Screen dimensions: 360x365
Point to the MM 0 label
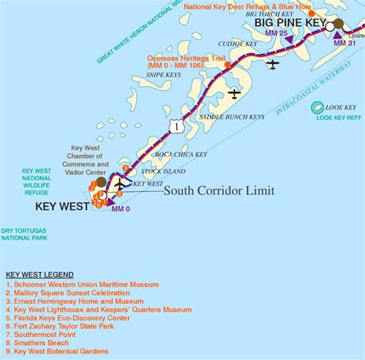pyautogui.click(x=120, y=209)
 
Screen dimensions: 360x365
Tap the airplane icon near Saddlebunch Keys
pyautogui.click(x=234, y=93)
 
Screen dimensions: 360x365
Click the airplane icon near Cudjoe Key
pyautogui.click(x=272, y=64)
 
